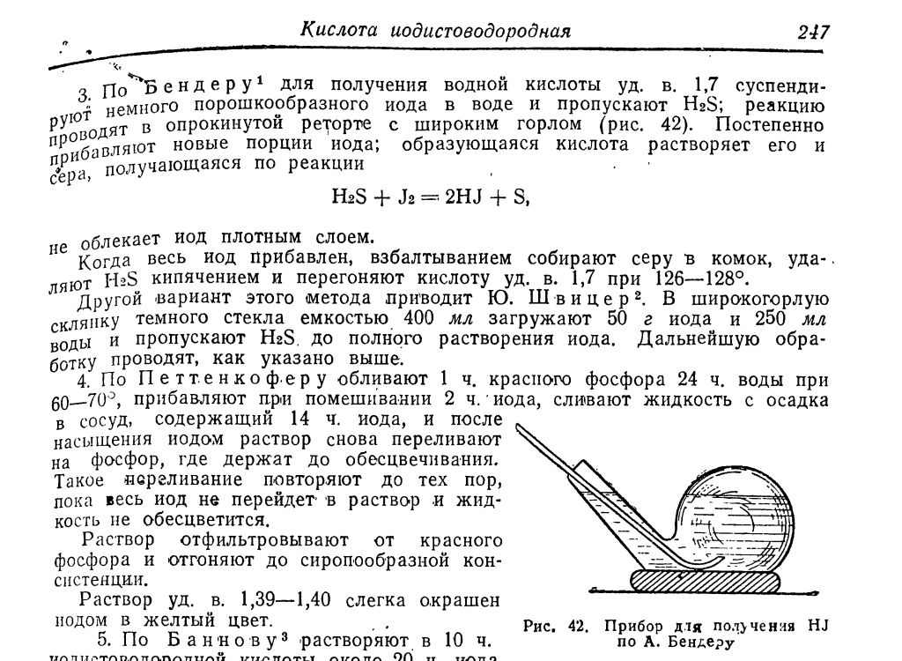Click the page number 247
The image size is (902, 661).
point(813,32)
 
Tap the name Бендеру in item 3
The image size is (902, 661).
point(198,87)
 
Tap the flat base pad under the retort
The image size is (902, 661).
point(706,583)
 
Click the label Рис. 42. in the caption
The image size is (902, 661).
point(555,627)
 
